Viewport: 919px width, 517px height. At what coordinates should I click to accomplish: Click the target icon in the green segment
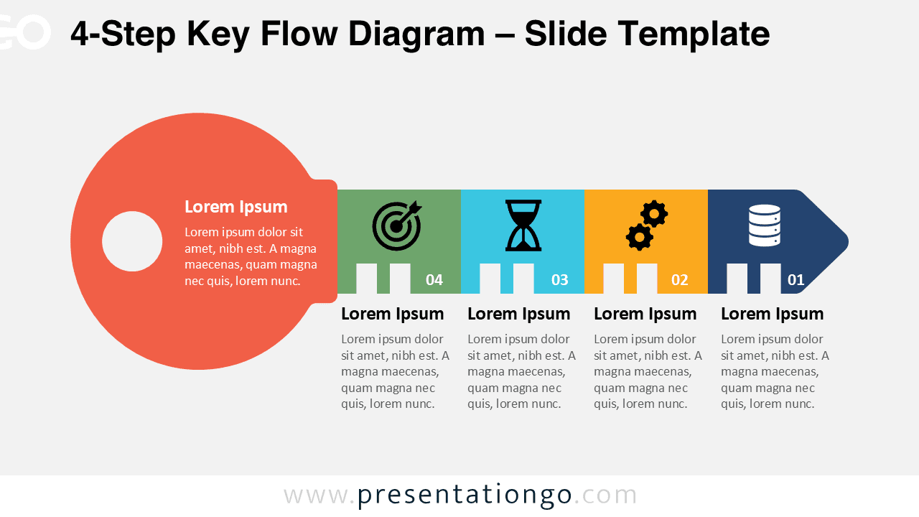point(396,225)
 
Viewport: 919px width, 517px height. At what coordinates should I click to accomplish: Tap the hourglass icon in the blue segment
point(523,225)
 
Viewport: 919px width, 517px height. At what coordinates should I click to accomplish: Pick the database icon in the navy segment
point(764,225)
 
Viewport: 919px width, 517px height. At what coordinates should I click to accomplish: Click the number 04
point(434,280)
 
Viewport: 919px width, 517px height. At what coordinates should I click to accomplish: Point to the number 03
point(559,280)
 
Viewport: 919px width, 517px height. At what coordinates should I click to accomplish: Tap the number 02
point(680,280)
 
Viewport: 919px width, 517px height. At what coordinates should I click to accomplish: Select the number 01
point(796,280)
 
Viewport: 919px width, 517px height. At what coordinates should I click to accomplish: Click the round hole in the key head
point(132,241)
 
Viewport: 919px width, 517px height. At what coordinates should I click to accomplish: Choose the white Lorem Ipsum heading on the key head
point(235,207)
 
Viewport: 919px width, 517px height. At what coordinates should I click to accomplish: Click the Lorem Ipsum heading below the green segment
point(392,314)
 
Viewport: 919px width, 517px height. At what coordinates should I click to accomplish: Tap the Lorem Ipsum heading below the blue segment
point(518,314)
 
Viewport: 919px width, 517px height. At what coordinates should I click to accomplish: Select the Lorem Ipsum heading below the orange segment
point(645,314)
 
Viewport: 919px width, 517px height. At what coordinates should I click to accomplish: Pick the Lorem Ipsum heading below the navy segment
point(772,314)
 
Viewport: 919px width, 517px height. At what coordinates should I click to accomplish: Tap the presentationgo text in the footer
point(464,495)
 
